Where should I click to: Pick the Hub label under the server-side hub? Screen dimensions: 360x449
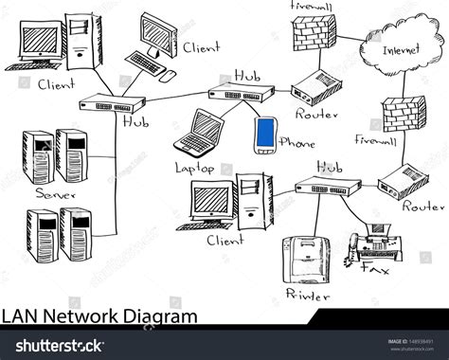pos(136,120)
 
